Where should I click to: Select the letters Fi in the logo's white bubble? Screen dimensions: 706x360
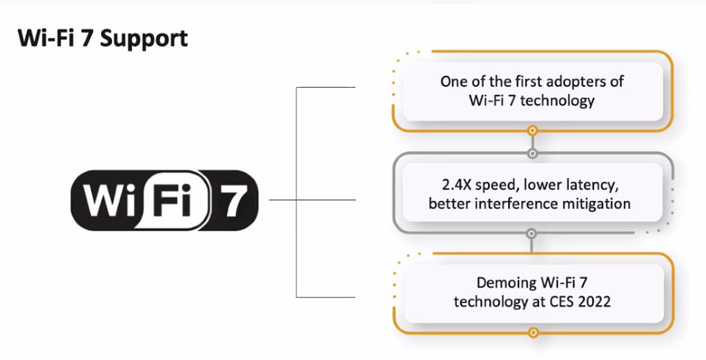(172, 199)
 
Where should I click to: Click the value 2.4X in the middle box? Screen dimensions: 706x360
(457, 185)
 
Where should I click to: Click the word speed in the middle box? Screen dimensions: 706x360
(497, 185)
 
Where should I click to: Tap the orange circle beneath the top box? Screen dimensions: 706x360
(533, 131)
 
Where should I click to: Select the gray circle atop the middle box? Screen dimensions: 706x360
(533, 153)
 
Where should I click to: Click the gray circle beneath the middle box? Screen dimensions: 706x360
(532, 234)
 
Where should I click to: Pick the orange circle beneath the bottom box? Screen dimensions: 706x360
(533, 333)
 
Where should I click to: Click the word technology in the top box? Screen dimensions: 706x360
(558, 100)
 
